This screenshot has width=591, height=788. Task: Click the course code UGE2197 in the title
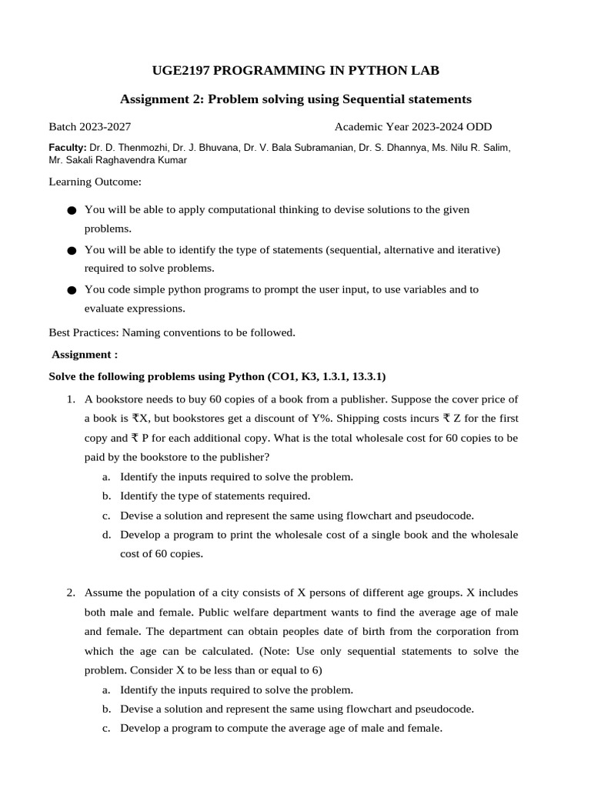tap(182, 71)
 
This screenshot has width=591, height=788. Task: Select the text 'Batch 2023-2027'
tap(85, 127)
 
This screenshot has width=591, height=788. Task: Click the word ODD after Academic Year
tap(477, 127)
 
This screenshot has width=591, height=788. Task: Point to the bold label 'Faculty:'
tap(68, 147)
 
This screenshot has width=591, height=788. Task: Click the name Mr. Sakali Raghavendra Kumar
tap(117, 160)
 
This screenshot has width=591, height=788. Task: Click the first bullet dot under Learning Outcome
tap(72, 210)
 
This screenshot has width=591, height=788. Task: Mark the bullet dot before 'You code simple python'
tap(72, 290)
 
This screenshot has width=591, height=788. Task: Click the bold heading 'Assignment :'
tap(85, 354)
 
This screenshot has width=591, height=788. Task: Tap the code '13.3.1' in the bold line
tap(368, 376)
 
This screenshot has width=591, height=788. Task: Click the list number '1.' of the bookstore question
tap(70, 399)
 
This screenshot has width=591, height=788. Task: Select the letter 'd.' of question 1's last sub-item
tap(106, 535)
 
